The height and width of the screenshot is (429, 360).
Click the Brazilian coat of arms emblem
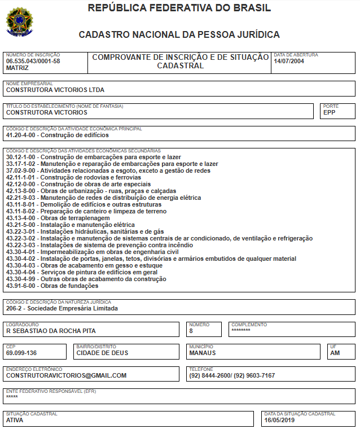19,22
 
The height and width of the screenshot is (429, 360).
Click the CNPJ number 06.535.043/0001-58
33,61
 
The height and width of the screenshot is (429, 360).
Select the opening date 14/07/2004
289,61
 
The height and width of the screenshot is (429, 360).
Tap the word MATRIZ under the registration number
17,68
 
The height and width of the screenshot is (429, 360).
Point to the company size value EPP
330,112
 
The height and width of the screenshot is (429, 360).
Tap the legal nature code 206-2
15,309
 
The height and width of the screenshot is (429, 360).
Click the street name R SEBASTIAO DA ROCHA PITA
51,331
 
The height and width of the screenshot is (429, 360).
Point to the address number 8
191,331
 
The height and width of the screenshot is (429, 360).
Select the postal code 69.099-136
21,353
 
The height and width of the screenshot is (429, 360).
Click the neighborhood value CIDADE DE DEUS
102,353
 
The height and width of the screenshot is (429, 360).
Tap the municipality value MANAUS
203,353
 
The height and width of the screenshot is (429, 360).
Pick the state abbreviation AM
335,353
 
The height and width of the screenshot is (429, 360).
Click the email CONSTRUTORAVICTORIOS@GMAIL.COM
66,375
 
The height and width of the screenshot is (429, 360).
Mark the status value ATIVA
15,420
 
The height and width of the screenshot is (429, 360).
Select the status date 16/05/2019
280,420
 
